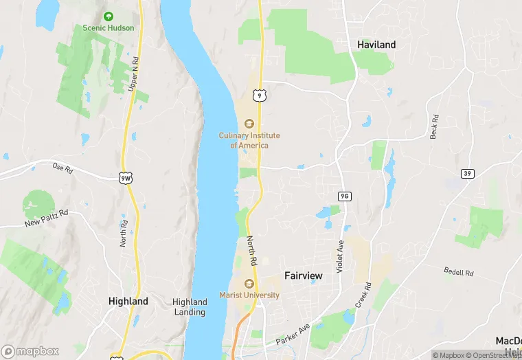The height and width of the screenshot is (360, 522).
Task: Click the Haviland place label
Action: [x=376, y=45]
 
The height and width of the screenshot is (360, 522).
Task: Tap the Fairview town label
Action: [x=303, y=275]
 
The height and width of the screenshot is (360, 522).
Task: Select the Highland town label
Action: [x=128, y=301]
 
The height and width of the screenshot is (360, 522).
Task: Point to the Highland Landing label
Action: [x=190, y=306]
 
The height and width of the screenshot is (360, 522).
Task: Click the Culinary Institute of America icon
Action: [x=249, y=124]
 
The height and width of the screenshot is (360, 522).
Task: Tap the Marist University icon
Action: [x=249, y=284]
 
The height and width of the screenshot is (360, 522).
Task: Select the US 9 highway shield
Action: [x=259, y=95]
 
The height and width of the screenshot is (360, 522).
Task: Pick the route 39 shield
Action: [x=468, y=174]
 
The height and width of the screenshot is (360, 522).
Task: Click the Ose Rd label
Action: [x=62, y=167]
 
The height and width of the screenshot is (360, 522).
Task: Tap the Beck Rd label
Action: [x=433, y=126]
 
